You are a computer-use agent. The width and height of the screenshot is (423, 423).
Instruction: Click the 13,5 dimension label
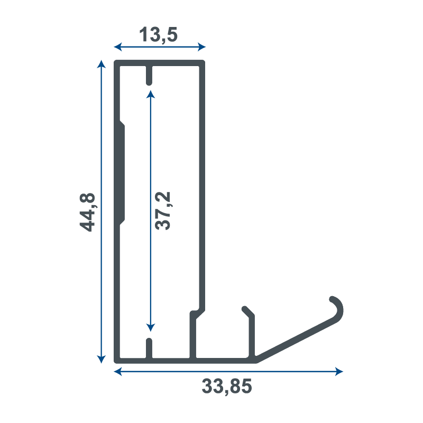[x=158, y=34]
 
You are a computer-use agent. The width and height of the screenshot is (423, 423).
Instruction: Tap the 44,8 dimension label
[x=87, y=213]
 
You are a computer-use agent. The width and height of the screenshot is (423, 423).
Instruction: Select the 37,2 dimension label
[x=163, y=210]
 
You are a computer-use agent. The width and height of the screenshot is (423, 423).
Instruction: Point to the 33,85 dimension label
[x=227, y=387]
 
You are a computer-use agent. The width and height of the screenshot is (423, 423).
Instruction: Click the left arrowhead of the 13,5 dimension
[x=118, y=47]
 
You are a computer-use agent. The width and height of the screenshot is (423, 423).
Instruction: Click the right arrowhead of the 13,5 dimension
[x=201, y=47]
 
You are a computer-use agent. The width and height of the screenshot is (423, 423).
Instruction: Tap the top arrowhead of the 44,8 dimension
[x=101, y=64]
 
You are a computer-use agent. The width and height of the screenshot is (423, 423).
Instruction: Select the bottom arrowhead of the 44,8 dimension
[x=101, y=360]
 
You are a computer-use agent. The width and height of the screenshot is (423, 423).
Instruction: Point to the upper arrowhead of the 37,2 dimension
[x=151, y=95]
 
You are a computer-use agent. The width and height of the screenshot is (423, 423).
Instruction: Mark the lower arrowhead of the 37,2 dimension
[x=151, y=327]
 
